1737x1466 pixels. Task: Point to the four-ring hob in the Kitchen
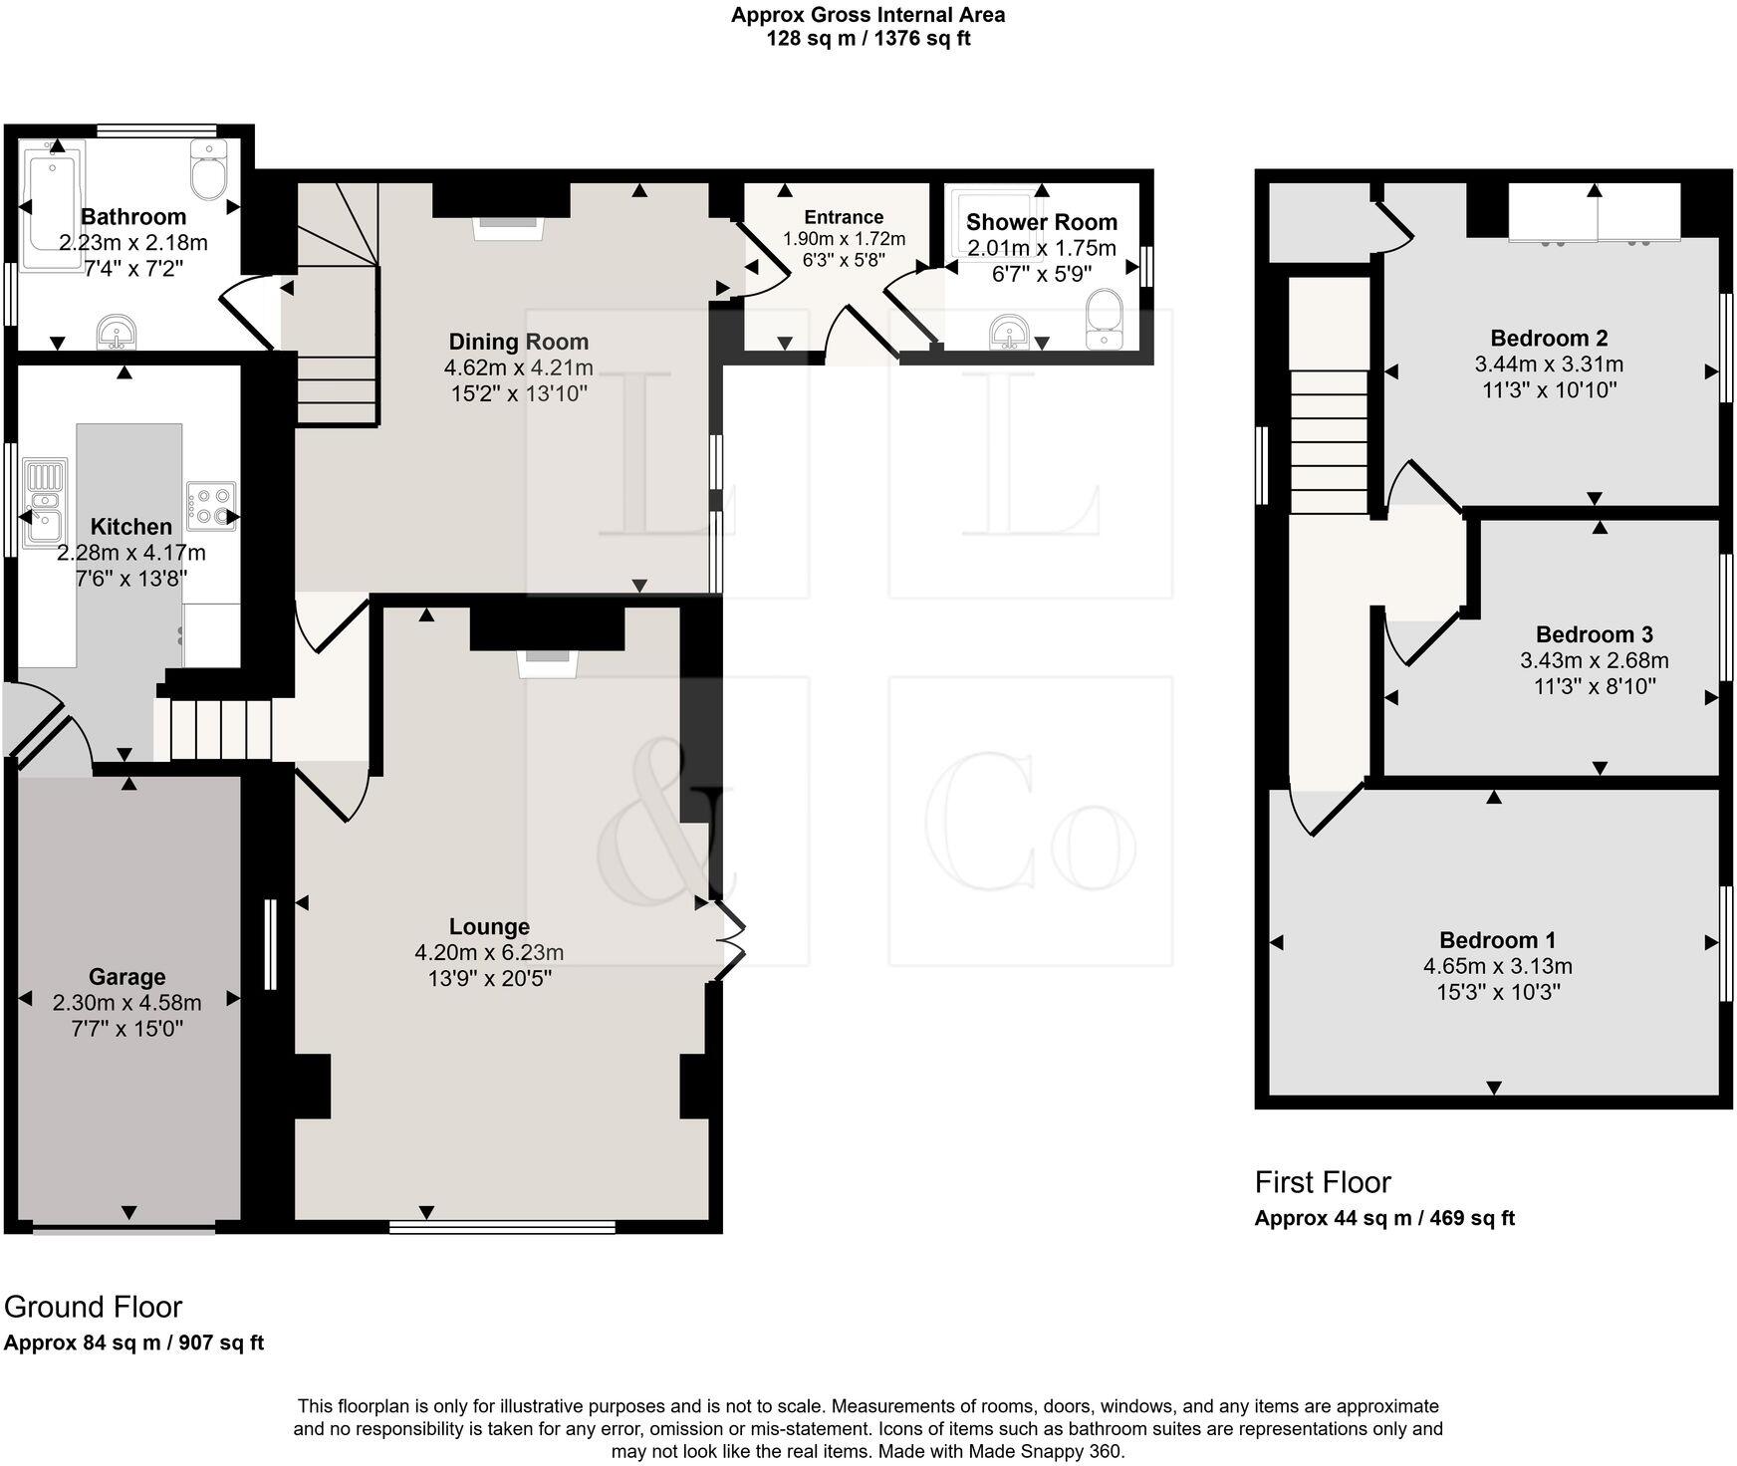(210, 505)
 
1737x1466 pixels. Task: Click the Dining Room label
(518, 342)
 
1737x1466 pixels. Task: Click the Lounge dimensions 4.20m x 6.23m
(489, 953)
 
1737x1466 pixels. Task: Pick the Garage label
(126, 977)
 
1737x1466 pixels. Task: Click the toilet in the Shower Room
(1105, 319)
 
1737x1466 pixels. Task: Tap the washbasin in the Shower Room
(1011, 332)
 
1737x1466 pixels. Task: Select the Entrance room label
(844, 217)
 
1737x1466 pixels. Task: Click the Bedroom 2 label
(1549, 338)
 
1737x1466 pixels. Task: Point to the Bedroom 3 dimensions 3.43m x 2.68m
(1594, 660)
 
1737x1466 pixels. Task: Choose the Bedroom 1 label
(1497, 940)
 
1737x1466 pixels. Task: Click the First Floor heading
(1322, 1182)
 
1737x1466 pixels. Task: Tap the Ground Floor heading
(94, 1307)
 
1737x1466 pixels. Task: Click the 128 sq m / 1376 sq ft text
(868, 39)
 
